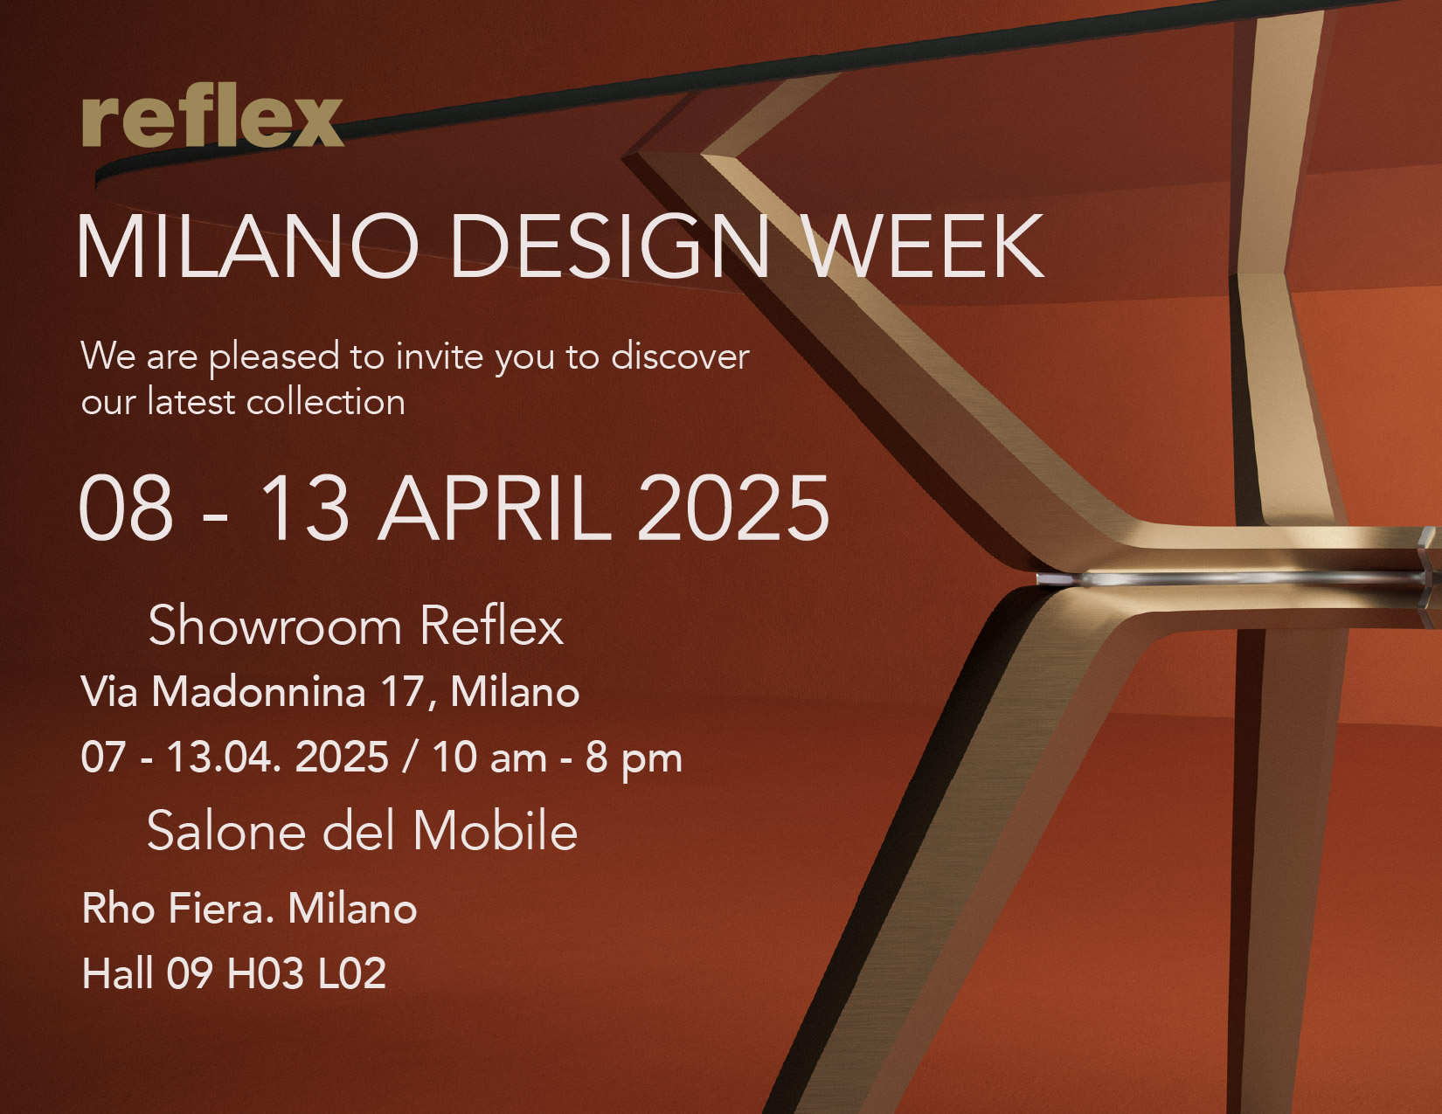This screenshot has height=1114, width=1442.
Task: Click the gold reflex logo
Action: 212,118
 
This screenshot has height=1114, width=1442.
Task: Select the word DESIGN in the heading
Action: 609,246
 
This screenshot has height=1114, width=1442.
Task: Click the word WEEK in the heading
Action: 926,246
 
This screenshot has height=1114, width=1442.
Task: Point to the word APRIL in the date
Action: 494,509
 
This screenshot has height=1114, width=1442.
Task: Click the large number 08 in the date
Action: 126,509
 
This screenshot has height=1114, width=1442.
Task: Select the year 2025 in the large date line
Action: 733,509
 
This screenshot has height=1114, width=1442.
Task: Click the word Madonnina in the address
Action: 259,692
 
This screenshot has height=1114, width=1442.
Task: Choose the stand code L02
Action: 351,972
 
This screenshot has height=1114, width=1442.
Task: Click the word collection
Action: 325,402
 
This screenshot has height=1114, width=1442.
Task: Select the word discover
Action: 680,356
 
